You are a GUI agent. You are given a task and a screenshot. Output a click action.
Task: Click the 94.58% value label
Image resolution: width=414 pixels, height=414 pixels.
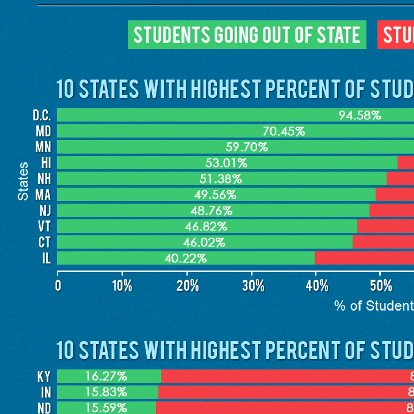click(x=359, y=116)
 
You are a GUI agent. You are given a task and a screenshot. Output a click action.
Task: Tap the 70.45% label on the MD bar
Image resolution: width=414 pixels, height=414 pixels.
click(x=284, y=131)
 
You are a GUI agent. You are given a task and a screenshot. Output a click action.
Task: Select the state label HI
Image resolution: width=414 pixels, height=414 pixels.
click(x=46, y=163)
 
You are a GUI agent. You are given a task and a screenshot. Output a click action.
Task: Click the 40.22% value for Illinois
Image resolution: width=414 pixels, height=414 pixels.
click(x=186, y=258)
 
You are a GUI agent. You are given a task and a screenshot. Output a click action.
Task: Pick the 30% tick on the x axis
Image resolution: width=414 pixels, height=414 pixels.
click(x=253, y=286)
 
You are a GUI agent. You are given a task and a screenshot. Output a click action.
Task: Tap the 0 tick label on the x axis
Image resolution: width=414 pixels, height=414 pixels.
click(x=58, y=286)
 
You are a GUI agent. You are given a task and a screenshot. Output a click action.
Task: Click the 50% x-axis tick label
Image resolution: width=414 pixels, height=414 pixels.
click(x=381, y=286)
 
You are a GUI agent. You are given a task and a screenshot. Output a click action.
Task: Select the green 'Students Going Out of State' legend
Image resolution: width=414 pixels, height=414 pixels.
click(x=247, y=35)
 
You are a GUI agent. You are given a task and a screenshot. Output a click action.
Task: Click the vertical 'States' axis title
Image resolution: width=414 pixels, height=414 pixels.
click(x=23, y=181)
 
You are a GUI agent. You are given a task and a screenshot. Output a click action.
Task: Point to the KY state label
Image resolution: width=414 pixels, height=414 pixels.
click(x=44, y=377)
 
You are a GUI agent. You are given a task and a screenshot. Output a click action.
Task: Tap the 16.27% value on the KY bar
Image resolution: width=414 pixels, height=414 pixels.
click(x=106, y=376)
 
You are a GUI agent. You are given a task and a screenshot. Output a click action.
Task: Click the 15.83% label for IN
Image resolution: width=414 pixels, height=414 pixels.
click(x=106, y=392)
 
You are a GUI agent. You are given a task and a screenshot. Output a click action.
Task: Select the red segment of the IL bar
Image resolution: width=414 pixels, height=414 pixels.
click(x=364, y=258)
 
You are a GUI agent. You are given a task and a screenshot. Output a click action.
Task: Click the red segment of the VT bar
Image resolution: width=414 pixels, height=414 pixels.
click(x=385, y=226)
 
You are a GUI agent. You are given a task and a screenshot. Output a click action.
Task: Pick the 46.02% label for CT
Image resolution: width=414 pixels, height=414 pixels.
click(x=204, y=243)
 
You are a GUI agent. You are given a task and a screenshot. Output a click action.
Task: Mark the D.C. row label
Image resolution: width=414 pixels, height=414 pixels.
click(x=42, y=116)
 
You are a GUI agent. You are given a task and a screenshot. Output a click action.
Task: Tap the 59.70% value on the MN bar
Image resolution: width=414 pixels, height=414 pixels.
click(x=247, y=147)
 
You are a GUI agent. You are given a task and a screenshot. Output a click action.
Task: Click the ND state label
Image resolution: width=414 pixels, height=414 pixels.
click(x=44, y=408)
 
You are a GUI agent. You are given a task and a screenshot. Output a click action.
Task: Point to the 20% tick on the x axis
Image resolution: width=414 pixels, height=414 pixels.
click(x=188, y=286)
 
